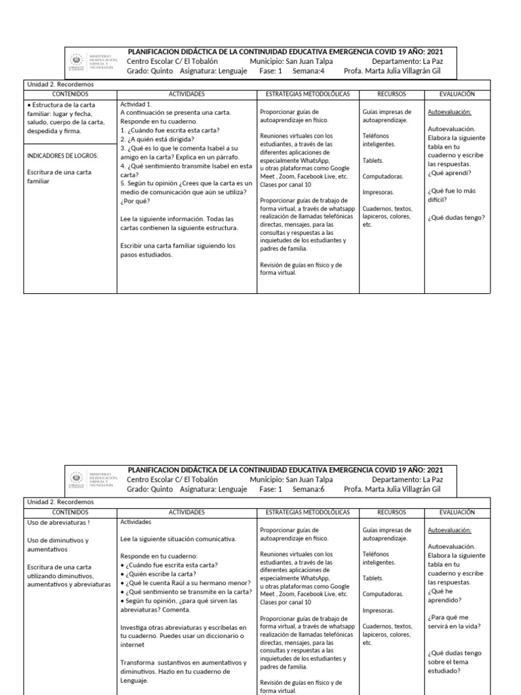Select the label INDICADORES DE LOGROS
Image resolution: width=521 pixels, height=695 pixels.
[62, 155]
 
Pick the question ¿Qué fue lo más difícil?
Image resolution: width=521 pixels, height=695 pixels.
[451, 195]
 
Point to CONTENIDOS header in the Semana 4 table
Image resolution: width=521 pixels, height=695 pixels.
[70, 94]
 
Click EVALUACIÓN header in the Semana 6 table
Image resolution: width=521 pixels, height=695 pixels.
[457, 512]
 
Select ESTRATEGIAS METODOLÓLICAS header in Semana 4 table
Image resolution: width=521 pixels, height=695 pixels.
[307, 94]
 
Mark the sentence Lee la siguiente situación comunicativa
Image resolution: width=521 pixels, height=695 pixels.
[178, 539]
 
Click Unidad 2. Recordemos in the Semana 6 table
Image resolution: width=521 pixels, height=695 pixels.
[60, 502]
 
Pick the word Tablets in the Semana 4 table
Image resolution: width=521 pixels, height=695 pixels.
[372, 160]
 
